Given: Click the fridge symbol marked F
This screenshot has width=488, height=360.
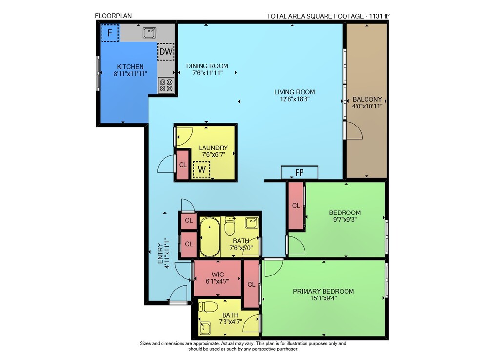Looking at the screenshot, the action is tap(109, 33).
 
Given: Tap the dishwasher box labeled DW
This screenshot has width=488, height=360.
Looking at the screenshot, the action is tap(165, 51).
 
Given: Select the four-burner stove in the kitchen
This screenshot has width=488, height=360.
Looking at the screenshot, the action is tap(166, 85).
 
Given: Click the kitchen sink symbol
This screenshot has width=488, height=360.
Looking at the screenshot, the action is tap(149, 33).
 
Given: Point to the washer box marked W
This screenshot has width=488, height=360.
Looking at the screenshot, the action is tap(202, 169).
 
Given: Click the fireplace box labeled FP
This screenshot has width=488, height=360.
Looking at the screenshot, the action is tap(300, 172).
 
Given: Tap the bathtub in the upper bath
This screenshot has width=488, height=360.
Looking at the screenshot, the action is tap(209, 237).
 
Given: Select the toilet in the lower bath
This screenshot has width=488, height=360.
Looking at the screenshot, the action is tap(208, 307).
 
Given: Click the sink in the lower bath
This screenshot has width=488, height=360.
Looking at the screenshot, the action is tap(205, 329).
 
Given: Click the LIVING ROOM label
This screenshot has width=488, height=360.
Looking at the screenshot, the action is tap(294, 92).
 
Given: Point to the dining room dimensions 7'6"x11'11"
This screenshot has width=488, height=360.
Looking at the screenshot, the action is tap(207, 73).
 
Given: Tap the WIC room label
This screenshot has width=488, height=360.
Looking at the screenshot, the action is tap(218, 275).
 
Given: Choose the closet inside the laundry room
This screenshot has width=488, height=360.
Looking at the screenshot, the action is tap(183, 165).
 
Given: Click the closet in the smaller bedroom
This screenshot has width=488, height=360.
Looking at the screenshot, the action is tap(296, 206).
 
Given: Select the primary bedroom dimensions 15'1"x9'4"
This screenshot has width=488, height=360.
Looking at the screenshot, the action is tap(324, 298).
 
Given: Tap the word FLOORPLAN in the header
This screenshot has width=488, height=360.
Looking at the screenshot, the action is tap(113, 16).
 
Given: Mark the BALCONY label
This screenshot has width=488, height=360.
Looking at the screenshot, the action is tap(367, 99).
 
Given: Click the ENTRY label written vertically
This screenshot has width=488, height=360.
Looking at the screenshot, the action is tap(160, 254).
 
